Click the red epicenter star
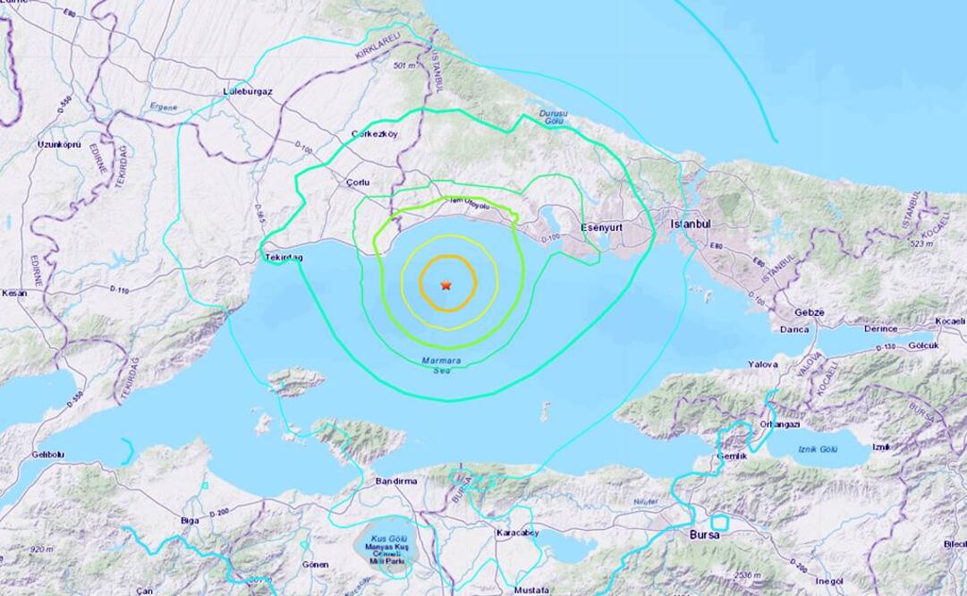[x=445, y=285]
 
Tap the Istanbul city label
[x=690, y=223]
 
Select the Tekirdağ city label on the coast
[x=284, y=257]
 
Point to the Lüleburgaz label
[x=248, y=92]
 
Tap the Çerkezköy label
[x=375, y=135]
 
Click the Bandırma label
[x=396, y=481]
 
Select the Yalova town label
[x=763, y=364]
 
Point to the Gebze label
[x=810, y=313]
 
